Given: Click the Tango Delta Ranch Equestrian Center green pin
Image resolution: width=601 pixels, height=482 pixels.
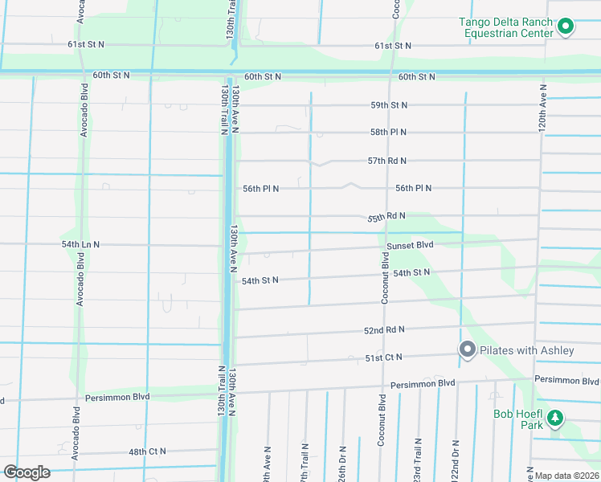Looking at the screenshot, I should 565,27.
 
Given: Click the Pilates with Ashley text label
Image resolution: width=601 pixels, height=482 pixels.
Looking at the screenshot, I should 527,350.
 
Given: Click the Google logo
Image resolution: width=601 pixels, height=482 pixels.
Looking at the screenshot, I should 26,472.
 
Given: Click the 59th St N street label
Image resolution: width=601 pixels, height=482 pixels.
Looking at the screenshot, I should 389,105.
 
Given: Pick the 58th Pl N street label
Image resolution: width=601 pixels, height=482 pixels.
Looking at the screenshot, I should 388,132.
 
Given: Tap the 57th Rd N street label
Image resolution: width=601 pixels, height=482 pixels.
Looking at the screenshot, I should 387,161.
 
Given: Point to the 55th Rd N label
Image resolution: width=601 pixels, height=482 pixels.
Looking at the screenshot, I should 386,217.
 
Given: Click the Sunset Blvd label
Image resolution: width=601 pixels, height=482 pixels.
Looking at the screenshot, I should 410,245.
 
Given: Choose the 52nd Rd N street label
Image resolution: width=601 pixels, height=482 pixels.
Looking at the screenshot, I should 384,330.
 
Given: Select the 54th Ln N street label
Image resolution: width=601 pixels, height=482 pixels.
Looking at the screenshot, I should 80,244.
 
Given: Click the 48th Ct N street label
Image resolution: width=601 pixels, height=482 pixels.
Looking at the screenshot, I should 147,451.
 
